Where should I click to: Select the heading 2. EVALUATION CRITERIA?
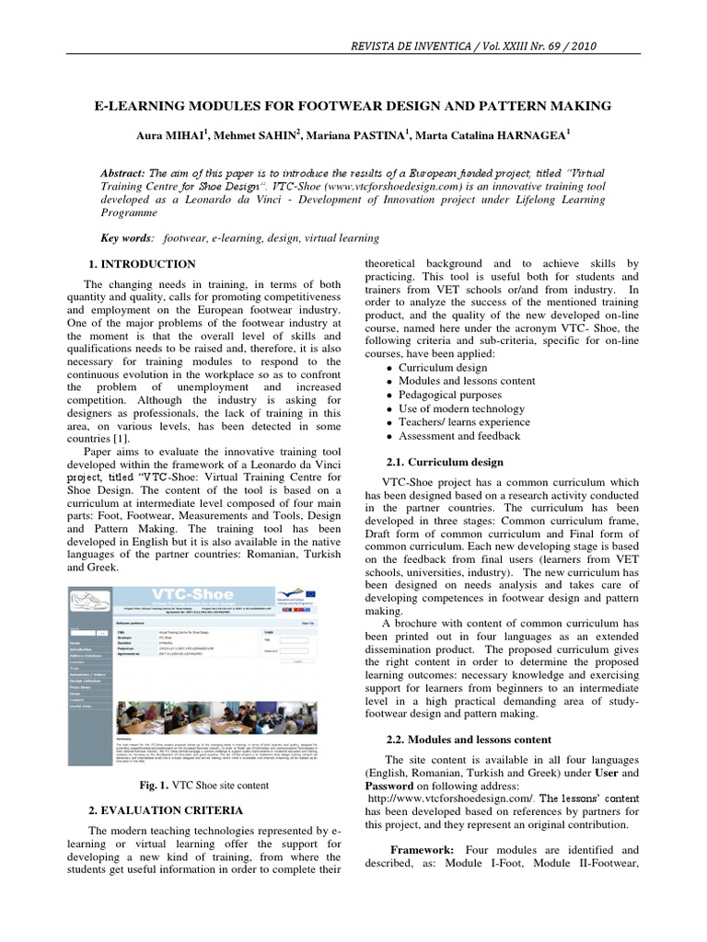(165, 810)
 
